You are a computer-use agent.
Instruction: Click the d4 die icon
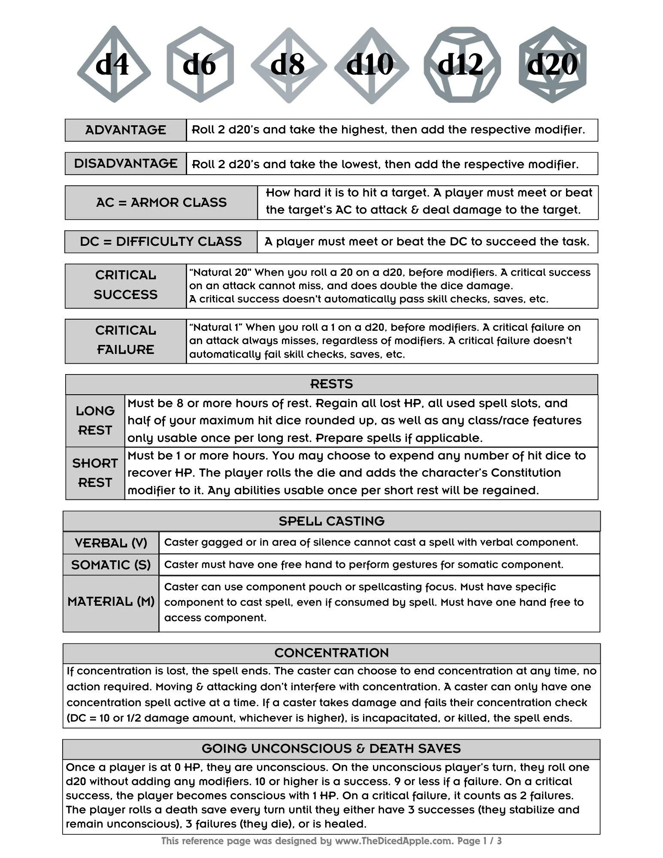click(113, 64)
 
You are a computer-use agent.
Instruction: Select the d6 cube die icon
click(200, 64)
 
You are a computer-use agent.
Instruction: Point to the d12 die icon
click(462, 64)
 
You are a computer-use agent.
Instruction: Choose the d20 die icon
click(552, 64)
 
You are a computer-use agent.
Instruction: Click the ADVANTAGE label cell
click(126, 130)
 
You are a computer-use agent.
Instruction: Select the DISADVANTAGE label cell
click(126, 163)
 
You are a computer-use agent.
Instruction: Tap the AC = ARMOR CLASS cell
click(161, 202)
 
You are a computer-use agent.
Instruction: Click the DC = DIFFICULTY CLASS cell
click(161, 242)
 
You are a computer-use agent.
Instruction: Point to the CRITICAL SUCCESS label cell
click(126, 285)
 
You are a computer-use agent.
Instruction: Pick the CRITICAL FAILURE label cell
click(126, 341)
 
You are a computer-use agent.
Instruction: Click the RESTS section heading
click(331, 384)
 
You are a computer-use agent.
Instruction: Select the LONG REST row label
click(95, 420)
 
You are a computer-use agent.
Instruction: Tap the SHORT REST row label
click(95, 473)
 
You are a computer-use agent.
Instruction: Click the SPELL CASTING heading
click(331, 521)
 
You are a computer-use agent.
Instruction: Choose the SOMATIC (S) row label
click(111, 565)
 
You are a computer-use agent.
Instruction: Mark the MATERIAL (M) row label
click(111, 602)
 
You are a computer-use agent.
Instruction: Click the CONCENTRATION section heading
click(331, 653)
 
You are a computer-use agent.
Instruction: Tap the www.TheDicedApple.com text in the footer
click(394, 841)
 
